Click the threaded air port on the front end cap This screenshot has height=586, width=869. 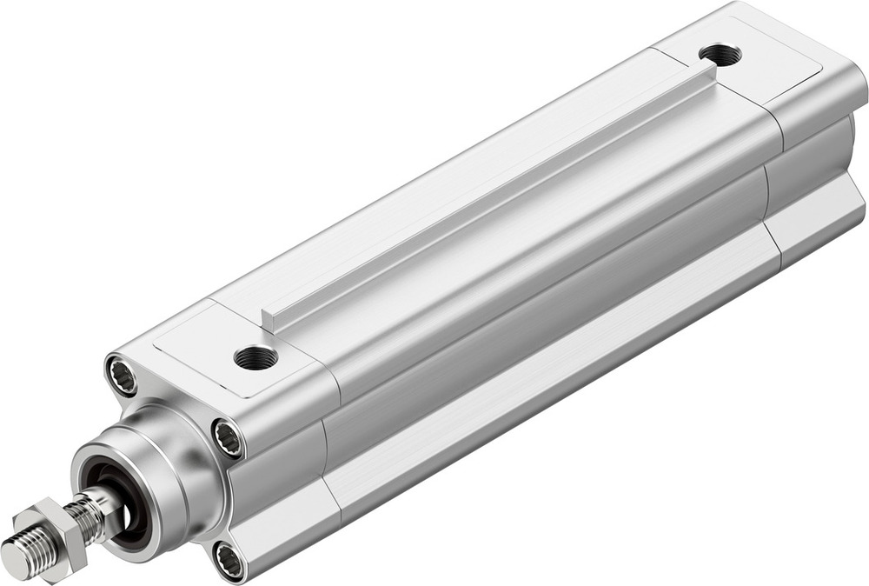tap(255, 356)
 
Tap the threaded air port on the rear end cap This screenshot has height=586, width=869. tap(720, 55)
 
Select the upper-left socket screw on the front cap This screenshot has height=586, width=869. tap(122, 376)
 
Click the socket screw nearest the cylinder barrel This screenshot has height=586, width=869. tap(229, 437)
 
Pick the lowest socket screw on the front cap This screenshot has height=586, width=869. tap(229, 561)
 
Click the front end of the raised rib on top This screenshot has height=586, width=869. tap(270, 321)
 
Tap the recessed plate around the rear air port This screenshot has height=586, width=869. tap(765, 61)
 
